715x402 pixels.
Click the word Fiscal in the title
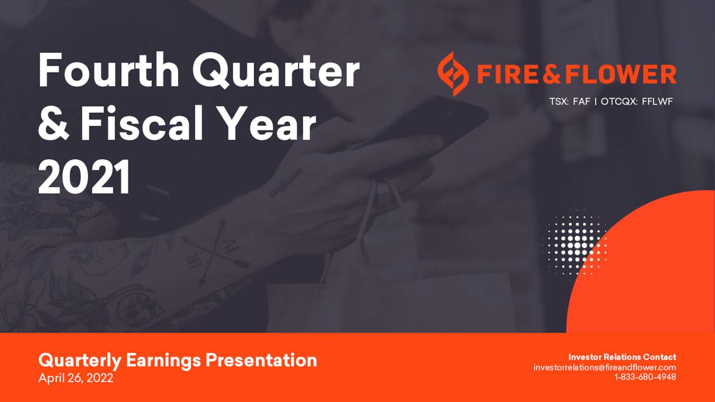click(x=142, y=123)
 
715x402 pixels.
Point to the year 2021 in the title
click(x=84, y=177)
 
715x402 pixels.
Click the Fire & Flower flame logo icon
click(x=453, y=74)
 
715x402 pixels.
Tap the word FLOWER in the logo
click(x=621, y=74)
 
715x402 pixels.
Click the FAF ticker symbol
click(x=581, y=102)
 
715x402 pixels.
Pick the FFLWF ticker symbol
click(x=657, y=102)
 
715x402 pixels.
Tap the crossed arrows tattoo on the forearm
click(x=214, y=252)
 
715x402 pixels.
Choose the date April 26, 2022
click(x=75, y=378)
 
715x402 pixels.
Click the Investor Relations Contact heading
click(x=622, y=357)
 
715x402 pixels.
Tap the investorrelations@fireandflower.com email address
click(x=604, y=367)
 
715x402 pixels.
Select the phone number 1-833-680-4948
click(x=645, y=377)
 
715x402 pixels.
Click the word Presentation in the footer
click(x=261, y=360)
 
